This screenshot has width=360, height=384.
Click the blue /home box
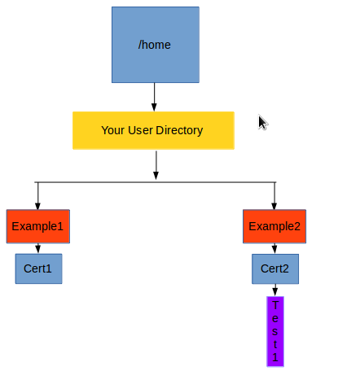(x=156, y=45)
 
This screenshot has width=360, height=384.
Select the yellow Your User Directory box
(x=153, y=130)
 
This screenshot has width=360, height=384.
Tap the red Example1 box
(x=38, y=226)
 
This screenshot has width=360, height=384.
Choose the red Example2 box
(x=274, y=226)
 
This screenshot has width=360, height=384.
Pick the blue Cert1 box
(x=38, y=268)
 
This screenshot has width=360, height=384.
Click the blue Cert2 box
(x=275, y=269)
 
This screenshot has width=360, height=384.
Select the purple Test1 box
(x=275, y=332)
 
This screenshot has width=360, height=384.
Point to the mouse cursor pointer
(x=263, y=123)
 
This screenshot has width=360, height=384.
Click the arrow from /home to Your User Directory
(x=154, y=97)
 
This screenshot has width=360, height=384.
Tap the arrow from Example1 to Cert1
(x=38, y=248)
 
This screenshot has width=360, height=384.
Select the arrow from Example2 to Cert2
(x=274, y=248)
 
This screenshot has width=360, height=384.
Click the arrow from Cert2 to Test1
(x=275, y=290)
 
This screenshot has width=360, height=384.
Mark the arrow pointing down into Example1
(x=37, y=196)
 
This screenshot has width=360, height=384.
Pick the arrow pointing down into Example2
(x=274, y=196)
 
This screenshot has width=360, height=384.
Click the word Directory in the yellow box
(x=179, y=131)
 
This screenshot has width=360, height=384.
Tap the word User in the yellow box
(x=140, y=130)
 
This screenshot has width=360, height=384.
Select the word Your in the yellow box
(x=113, y=130)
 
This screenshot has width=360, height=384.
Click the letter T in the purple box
(x=275, y=305)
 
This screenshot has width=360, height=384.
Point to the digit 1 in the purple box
(x=275, y=357)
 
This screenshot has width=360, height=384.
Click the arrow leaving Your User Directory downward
(x=156, y=165)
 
